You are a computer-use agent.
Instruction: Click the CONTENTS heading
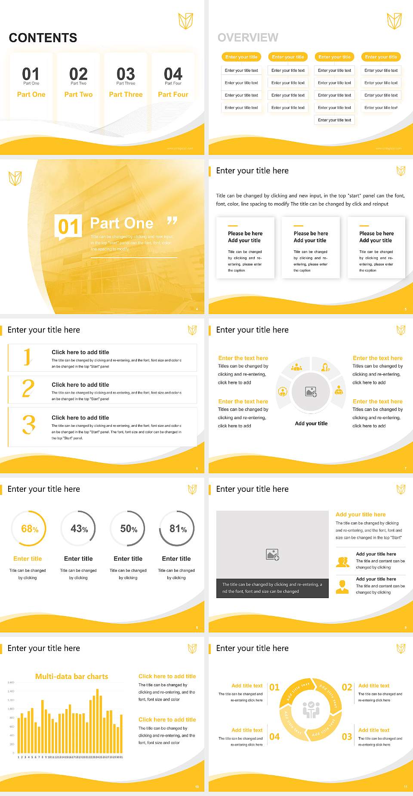(x=43, y=38)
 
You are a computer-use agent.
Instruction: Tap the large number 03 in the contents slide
(x=126, y=74)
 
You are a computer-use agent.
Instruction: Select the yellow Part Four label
(x=173, y=94)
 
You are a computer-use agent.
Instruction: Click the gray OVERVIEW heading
(x=248, y=38)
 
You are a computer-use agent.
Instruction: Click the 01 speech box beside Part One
(x=68, y=226)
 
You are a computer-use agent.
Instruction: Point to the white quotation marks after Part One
(x=172, y=221)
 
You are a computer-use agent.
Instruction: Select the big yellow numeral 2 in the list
(x=28, y=388)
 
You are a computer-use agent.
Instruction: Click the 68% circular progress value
(x=30, y=529)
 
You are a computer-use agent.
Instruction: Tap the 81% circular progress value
(x=178, y=529)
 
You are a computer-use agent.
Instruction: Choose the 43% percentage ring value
(x=79, y=529)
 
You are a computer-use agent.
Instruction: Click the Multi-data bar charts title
(x=72, y=676)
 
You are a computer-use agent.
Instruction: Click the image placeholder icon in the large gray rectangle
(x=272, y=555)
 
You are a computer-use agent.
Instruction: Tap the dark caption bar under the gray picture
(x=272, y=588)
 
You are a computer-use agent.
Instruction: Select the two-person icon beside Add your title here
(x=342, y=562)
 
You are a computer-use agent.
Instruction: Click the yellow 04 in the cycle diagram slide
(x=274, y=737)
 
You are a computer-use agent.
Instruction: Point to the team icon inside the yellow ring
(x=311, y=710)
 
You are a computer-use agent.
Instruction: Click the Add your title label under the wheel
(x=311, y=423)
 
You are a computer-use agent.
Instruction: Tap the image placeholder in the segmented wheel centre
(x=311, y=392)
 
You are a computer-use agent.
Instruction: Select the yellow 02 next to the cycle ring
(x=347, y=687)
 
